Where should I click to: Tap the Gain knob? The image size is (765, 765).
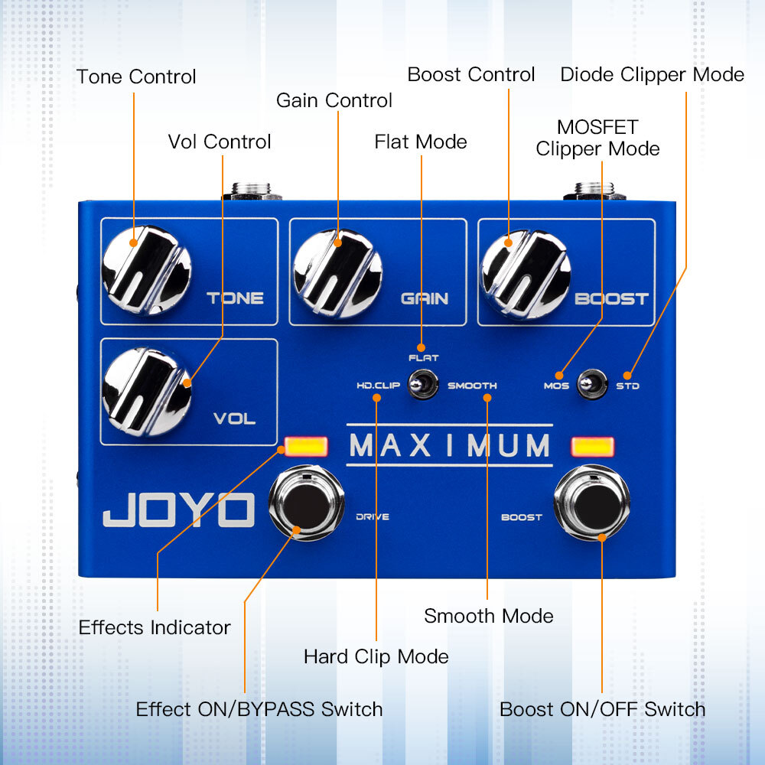[337, 273]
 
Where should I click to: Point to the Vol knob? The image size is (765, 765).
[147, 391]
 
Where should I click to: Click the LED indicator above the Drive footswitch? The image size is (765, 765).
[306, 446]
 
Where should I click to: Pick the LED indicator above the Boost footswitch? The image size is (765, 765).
[593, 447]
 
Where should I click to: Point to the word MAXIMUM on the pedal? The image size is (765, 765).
[450, 445]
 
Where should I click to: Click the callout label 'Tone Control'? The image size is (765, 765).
[136, 76]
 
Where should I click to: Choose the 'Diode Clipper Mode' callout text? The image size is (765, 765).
[652, 74]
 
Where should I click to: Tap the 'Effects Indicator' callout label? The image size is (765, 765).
[155, 627]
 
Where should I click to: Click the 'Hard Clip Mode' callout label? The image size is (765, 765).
[376, 656]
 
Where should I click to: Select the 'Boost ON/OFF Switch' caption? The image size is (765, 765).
[602, 709]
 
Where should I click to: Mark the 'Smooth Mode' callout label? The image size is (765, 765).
[489, 616]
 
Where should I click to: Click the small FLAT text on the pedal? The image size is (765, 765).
[423, 357]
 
